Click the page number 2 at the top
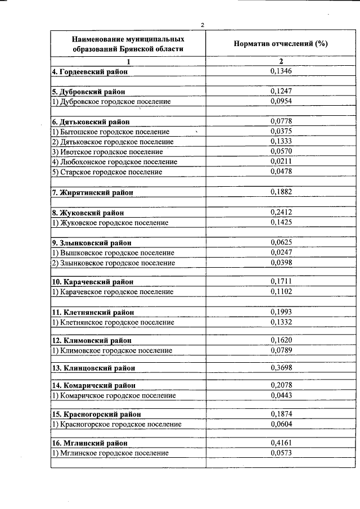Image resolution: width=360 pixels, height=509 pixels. click(202, 24)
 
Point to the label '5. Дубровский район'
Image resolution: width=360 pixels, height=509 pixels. click(88, 91)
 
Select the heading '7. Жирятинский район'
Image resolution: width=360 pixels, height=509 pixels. click(92, 193)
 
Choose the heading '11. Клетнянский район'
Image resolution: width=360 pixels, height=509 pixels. click(92, 312)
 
